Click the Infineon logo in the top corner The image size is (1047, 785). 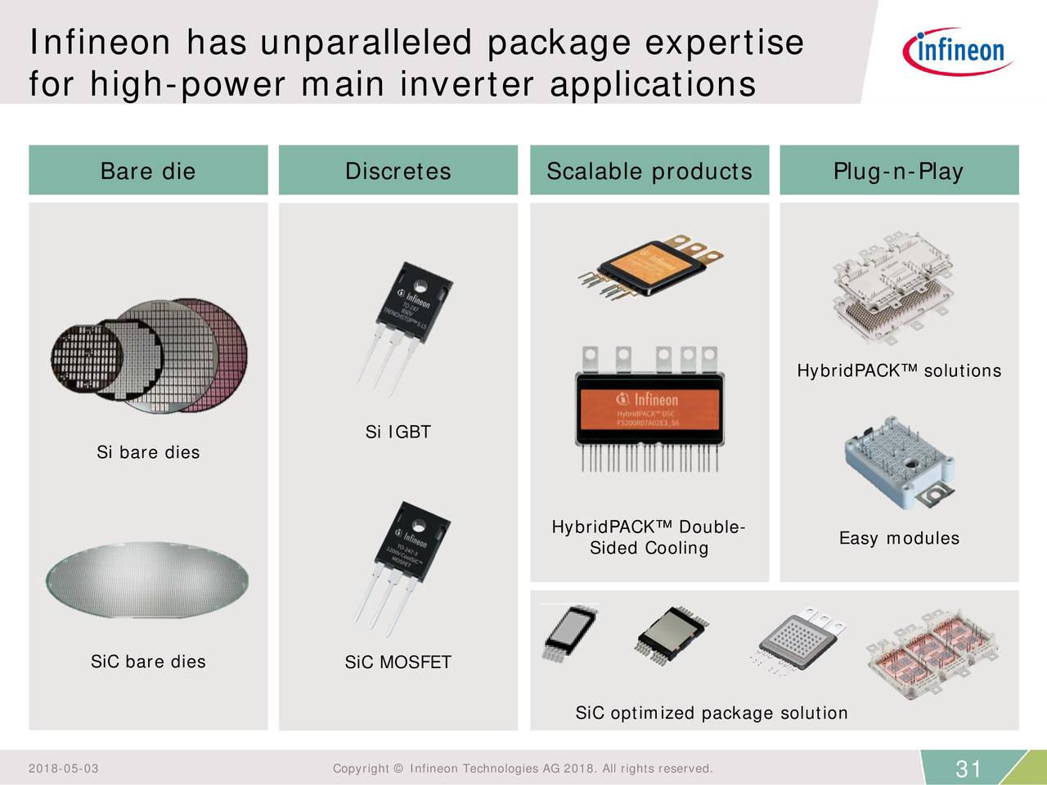(958, 50)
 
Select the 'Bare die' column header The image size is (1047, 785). (148, 171)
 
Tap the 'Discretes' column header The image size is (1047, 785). (398, 171)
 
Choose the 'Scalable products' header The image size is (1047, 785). (649, 171)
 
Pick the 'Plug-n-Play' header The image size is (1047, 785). (898, 171)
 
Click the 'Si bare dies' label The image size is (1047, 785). (148, 452)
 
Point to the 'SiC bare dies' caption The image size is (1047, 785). (148, 662)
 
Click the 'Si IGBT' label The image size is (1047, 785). (398, 432)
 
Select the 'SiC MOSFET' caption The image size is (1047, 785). (398, 662)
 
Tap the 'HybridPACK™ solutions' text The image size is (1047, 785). (898, 371)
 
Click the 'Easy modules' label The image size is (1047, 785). (898, 538)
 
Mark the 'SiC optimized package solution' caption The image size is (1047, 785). (712, 713)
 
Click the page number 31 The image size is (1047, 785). (968, 769)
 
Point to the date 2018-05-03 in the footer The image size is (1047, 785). (63, 769)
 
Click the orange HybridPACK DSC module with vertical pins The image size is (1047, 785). (647, 409)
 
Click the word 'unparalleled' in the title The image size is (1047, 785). (366, 43)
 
